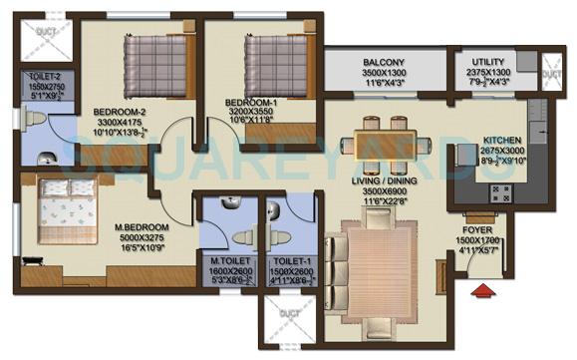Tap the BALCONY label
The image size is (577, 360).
coord(384,62)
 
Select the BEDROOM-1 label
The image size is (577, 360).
coord(247,103)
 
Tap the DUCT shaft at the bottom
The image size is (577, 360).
coord(288,323)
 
